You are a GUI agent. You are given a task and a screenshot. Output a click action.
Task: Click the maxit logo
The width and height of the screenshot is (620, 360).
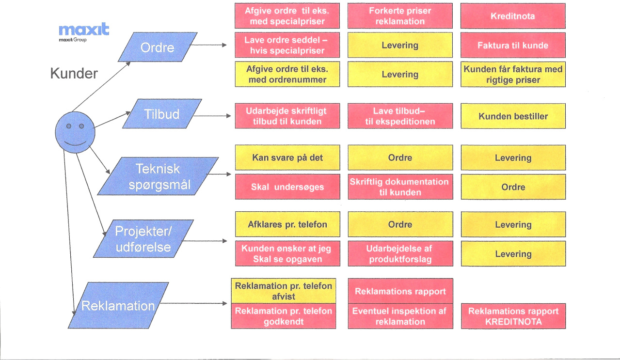(84, 32)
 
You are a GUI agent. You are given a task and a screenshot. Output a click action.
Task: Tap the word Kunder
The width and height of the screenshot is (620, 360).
(74, 74)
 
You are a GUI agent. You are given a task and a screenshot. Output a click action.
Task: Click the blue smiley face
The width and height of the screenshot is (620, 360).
(75, 132)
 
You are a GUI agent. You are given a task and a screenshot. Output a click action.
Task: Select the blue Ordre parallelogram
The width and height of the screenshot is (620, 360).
(158, 47)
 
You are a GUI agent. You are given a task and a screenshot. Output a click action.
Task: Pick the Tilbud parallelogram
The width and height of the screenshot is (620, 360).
(162, 114)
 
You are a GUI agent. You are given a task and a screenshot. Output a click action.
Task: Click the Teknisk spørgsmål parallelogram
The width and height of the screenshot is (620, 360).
(158, 176)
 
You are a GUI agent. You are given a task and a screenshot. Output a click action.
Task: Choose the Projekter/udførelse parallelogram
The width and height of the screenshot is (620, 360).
(143, 239)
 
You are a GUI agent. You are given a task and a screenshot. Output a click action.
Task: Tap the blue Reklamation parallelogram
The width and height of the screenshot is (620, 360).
(118, 305)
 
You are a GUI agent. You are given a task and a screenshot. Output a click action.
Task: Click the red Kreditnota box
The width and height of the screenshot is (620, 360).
(513, 16)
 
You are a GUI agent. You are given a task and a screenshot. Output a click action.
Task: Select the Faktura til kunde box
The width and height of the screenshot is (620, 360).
(513, 45)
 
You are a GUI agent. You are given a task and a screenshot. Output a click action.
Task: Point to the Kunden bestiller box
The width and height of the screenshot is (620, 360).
(513, 116)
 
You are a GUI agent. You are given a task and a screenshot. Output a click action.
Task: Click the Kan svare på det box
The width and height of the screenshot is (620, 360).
(287, 157)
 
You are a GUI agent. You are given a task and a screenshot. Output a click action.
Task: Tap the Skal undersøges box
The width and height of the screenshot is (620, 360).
(287, 187)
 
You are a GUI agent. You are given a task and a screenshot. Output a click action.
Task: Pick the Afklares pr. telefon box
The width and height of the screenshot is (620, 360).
(287, 224)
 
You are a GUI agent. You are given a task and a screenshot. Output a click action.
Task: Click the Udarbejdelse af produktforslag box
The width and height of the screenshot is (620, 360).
(400, 253)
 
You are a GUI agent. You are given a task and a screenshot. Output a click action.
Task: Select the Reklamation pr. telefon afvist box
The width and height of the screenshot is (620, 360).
(284, 291)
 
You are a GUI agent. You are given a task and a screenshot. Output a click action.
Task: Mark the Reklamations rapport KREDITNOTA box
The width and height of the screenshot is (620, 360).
(513, 316)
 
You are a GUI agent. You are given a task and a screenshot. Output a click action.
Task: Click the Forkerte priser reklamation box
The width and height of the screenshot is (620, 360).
(400, 16)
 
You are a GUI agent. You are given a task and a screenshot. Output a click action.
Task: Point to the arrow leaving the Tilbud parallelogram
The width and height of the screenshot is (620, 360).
(212, 116)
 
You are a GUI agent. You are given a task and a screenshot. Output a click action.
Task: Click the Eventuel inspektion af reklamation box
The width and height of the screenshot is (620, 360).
(400, 316)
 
